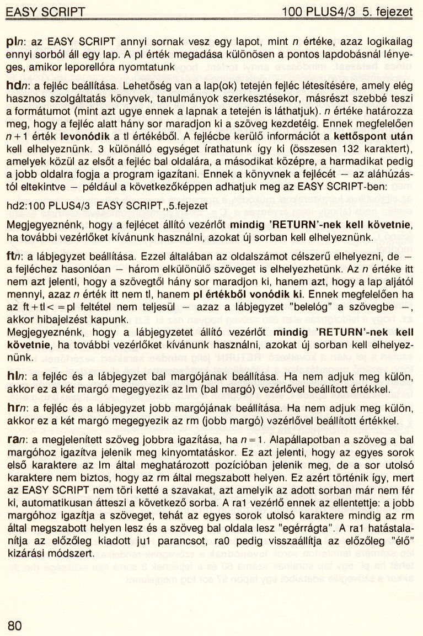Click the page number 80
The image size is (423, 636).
(x=15, y=625)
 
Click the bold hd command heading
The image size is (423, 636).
(x=12, y=87)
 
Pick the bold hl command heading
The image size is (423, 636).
(x=12, y=377)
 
